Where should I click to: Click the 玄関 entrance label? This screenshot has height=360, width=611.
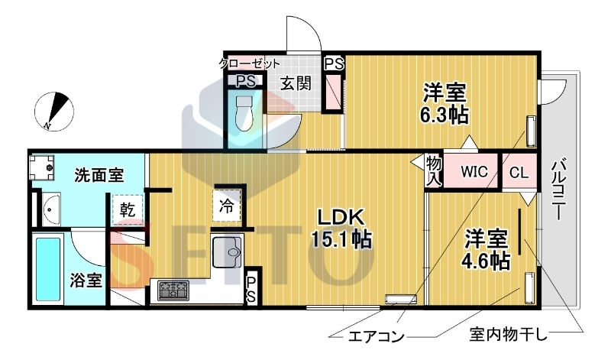pos(295,83)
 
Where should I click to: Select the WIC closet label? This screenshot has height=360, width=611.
pos(473,172)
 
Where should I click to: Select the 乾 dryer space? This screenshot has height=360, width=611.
pos(128,209)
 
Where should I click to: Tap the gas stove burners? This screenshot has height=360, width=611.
pos(173,290)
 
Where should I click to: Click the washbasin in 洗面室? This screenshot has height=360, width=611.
pos(51,207)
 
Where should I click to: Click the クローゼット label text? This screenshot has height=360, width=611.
pos(250,63)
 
